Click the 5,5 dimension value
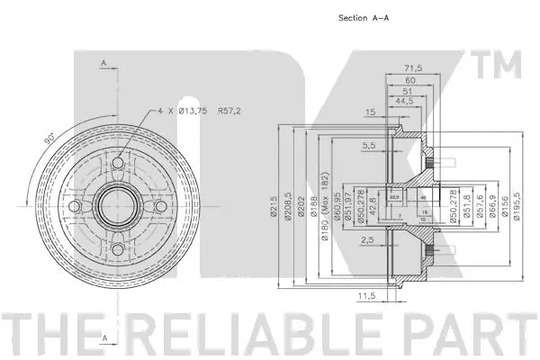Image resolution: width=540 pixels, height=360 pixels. pos(369,145)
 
